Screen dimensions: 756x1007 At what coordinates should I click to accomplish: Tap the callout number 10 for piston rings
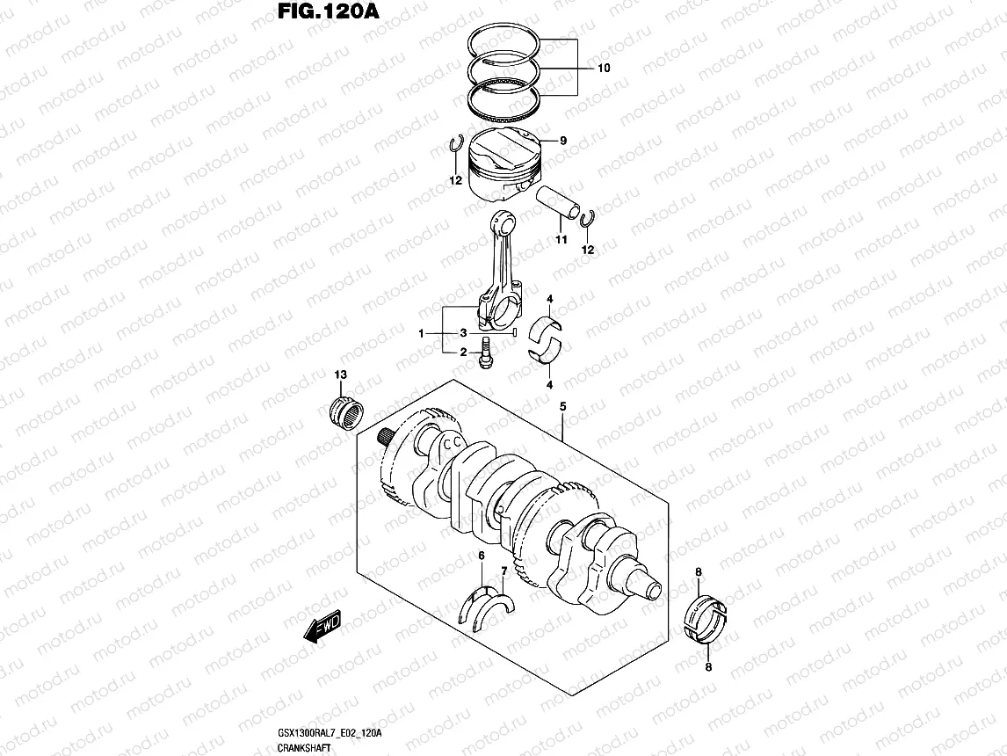(x=602, y=68)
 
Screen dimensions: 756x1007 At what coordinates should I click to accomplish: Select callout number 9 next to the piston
(x=562, y=141)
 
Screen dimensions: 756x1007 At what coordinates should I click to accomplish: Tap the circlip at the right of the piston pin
(x=589, y=225)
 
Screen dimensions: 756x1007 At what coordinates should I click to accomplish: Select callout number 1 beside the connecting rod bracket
(x=423, y=333)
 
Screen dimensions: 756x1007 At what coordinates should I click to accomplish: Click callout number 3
(x=463, y=333)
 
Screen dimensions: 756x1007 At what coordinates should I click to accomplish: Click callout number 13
(x=340, y=375)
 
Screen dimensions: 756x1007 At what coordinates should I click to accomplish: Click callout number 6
(x=481, y=556)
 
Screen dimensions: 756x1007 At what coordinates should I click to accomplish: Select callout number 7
(x=503, y=572)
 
